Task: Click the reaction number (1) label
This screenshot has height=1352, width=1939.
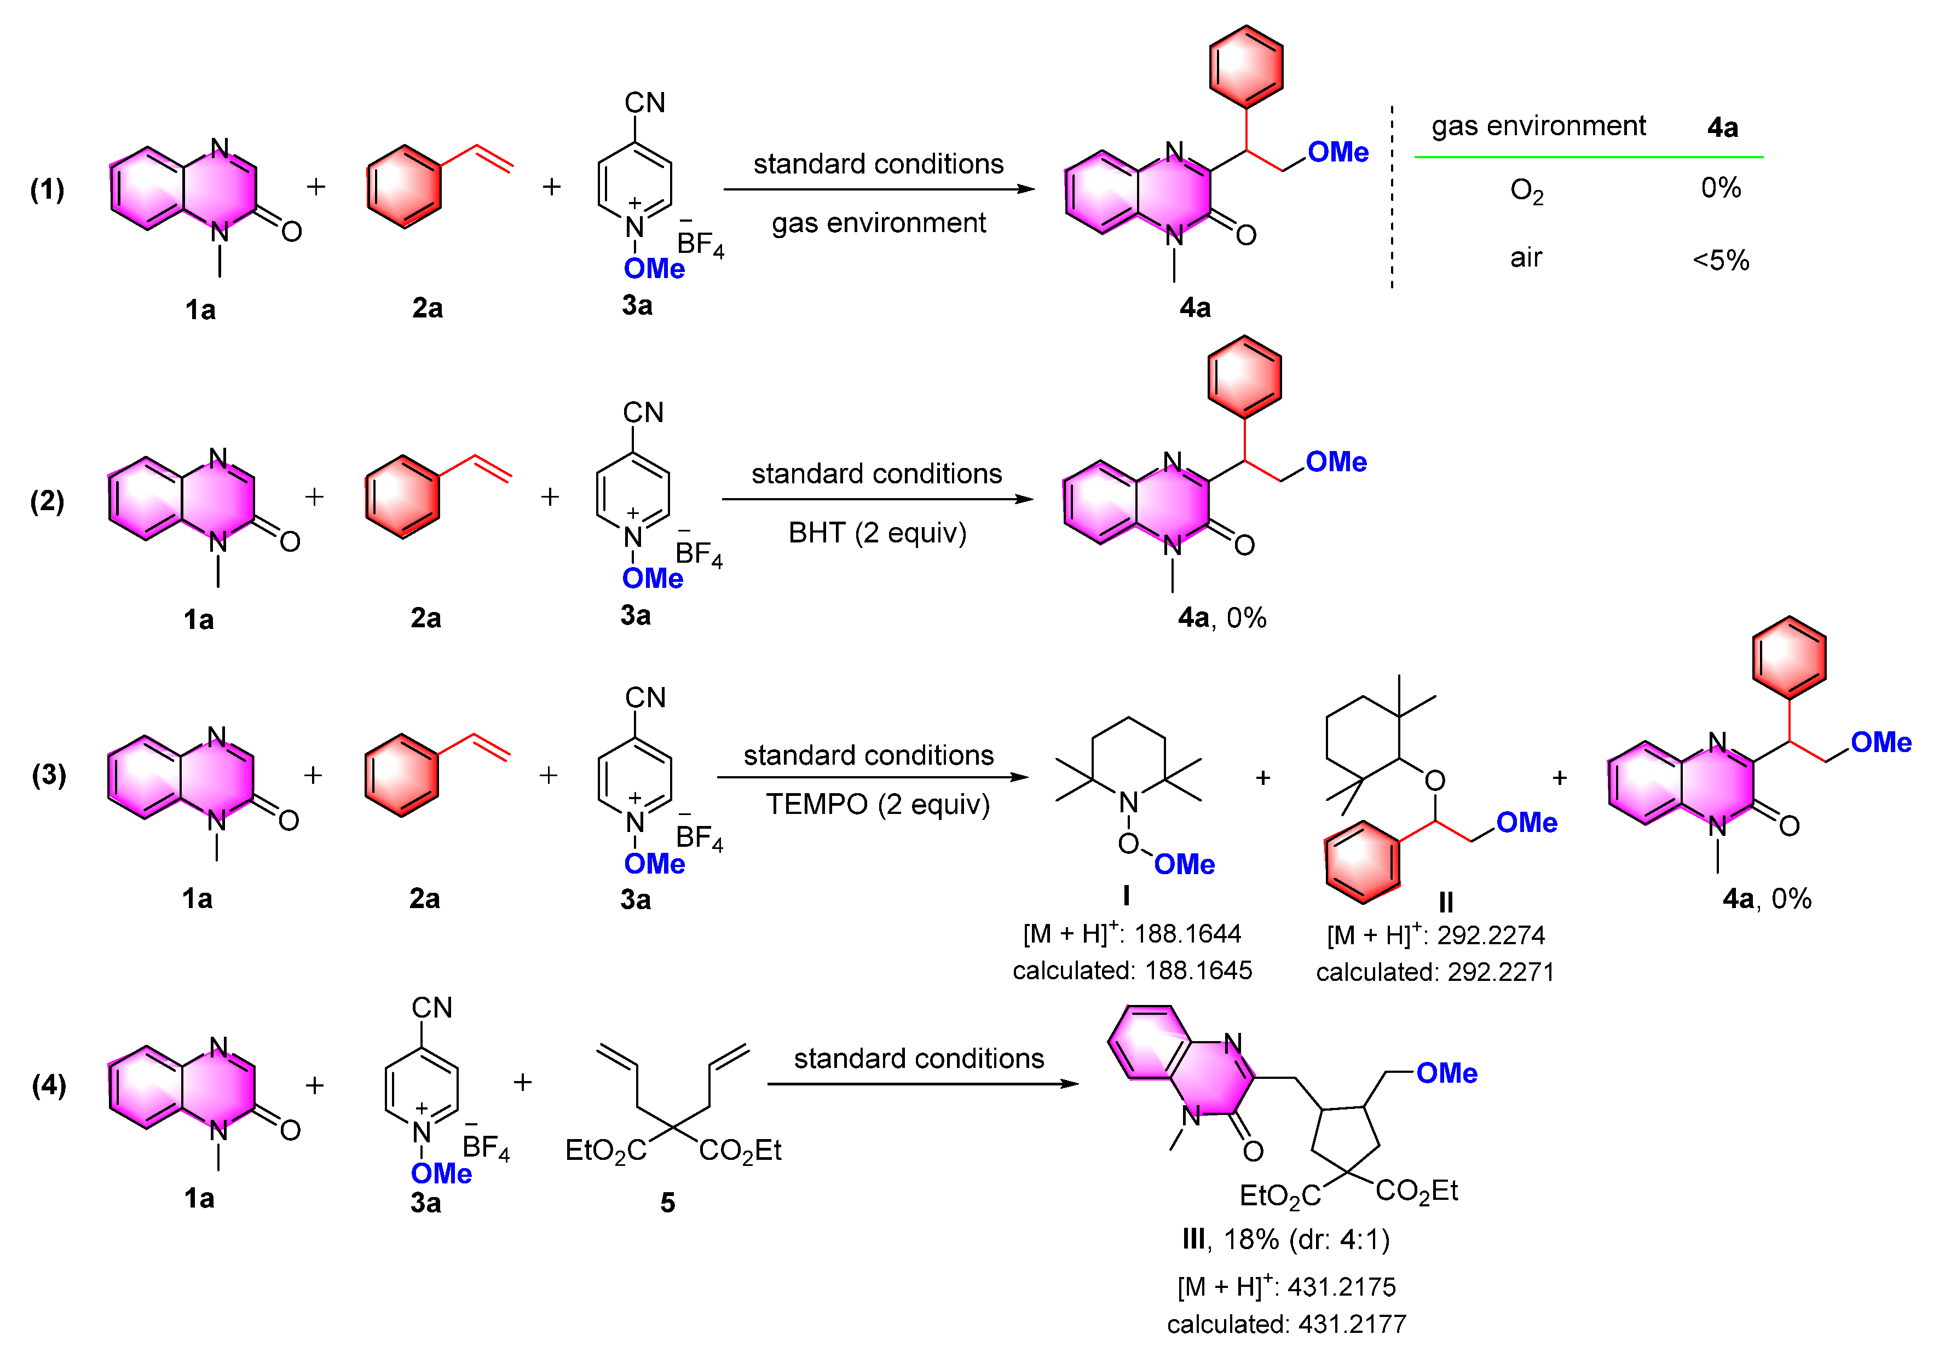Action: coord(47,189)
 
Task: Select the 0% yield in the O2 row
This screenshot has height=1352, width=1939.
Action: coord(1720,187)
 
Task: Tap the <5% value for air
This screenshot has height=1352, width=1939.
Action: coord(1720,259)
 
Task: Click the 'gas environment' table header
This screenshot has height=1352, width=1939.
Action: coord(1538,126)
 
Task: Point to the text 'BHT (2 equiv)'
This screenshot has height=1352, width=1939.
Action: coord(876,533)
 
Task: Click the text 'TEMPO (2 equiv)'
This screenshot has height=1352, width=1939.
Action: coord(876,804)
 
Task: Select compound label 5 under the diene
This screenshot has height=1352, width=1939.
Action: coord(667,1201)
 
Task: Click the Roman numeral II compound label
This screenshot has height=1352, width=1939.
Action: coord(1446,903)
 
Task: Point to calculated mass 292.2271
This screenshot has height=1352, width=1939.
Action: coord(1501,972)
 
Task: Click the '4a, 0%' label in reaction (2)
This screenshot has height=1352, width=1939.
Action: coord(1221,618)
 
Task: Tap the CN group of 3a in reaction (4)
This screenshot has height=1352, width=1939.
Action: coord(431,1008)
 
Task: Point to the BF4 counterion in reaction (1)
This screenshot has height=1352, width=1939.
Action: coord(700,244)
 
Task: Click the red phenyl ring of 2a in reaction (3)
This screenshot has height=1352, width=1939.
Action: coord(402,775)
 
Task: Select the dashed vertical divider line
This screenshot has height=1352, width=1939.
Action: coord(1392,199)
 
